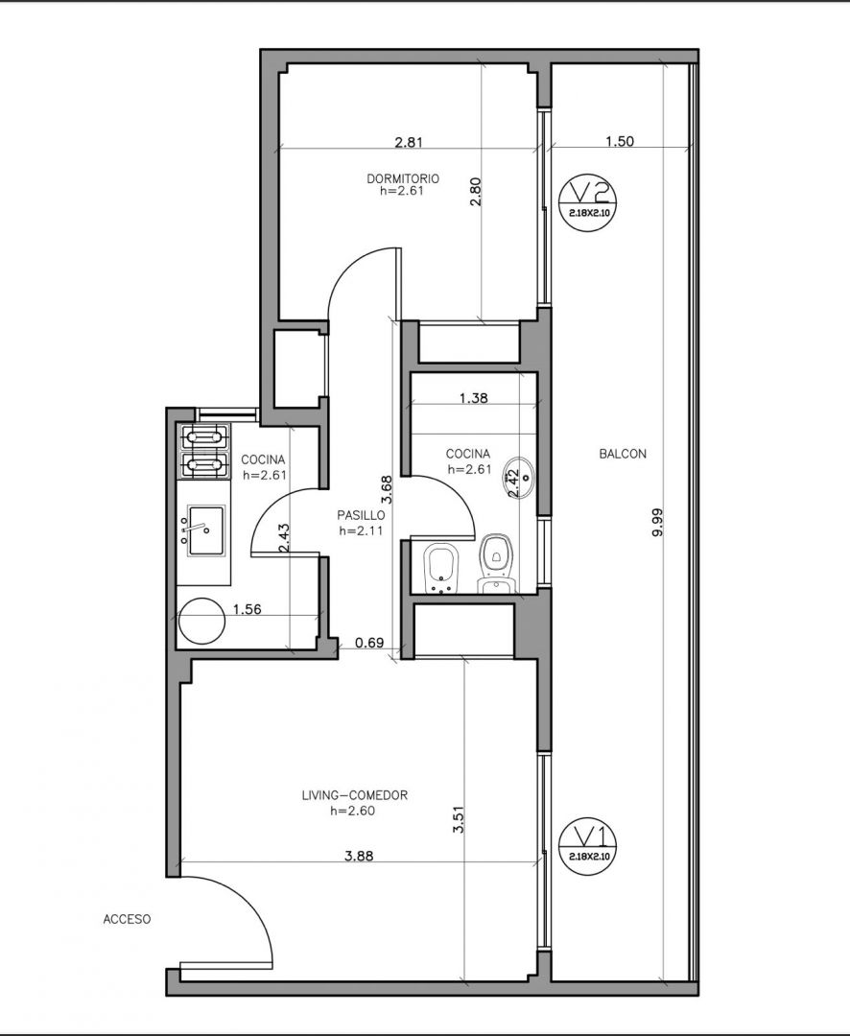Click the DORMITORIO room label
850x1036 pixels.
coord(403,178)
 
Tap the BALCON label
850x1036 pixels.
coord(623,454)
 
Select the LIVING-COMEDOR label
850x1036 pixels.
coord(354,795)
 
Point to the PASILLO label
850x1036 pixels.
coord(361,515)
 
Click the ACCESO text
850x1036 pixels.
coord(127,919)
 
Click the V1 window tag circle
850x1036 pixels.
coord(587,848)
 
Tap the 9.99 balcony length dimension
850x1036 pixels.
coord(657,522)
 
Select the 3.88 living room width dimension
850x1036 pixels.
coord(359,856)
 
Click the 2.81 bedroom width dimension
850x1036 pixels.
coord(409,141)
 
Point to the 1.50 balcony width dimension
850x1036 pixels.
coord(620,141)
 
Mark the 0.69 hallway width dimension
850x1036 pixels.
coord(369,642)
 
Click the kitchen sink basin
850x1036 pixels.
coord(206,530)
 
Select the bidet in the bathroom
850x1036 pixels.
coord(441,570)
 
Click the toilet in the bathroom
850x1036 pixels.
coord(496,565)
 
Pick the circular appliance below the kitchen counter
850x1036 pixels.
coord(202,621)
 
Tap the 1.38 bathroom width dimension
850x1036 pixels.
coord(473,398)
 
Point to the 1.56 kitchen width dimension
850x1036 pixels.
coord(248,609)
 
